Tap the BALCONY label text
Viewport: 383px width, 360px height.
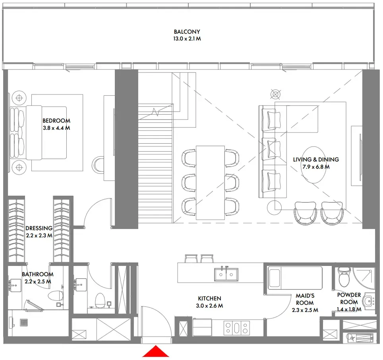point(187,32)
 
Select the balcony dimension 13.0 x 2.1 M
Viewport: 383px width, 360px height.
point(187,39)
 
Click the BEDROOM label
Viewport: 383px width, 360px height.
point(56,121)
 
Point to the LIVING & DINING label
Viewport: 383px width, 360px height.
point(316,160)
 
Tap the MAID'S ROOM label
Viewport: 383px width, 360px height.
point(305,299)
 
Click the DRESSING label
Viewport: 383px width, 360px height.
point(39,228)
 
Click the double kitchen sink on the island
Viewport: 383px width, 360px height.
point(226,274)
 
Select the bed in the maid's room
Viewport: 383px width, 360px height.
point(295,277)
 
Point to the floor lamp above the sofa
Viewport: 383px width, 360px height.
point(275,94)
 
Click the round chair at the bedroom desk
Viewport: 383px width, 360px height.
point(99,164)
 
